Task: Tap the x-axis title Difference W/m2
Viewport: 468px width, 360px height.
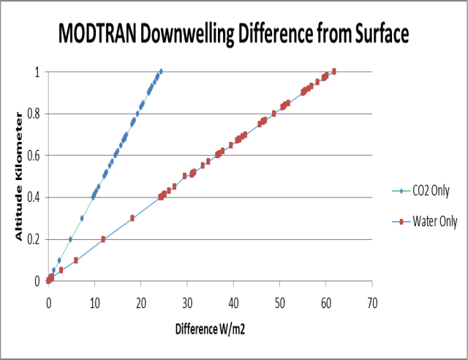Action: pos(209,329)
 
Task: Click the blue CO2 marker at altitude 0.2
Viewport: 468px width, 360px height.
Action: pos(70,239)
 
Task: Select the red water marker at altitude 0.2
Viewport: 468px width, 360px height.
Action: pos(103,239)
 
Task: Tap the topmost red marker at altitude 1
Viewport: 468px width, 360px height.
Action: pos(333,71)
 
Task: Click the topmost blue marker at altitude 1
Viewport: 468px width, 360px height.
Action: pos(161,71)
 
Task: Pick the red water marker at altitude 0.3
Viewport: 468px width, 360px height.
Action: pos(132,218)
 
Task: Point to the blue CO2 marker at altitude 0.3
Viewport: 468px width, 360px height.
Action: pos(82,218)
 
